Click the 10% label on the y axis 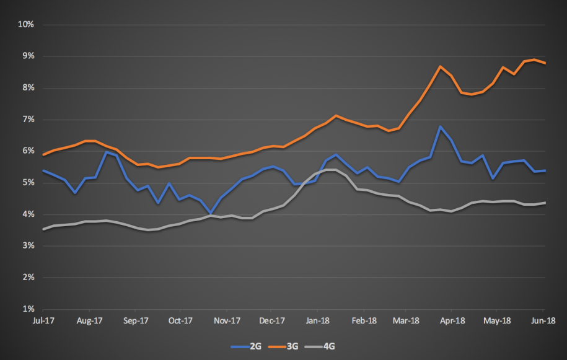pos(25,24)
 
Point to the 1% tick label pos(29,309)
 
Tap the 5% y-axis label pos(29,183)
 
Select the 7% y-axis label pos(29,119)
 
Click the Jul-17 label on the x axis pos(43,320)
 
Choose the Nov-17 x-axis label pos(227,320)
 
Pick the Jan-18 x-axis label pos(317,320)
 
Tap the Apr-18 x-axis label pos(452,320)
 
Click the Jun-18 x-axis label pos(543,320)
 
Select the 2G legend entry pos(246,346)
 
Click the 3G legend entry pos(283,346)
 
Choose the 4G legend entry pos(320,346)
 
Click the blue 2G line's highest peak pos(440,126)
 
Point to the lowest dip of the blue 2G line pos(211,213)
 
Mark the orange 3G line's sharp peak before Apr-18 pos(440,66)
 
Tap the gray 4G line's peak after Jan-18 pos(332,170)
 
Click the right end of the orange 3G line pos(545,63)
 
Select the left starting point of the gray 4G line pos(43,229)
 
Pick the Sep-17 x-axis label pos(136,320)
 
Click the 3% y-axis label pos(29,246)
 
